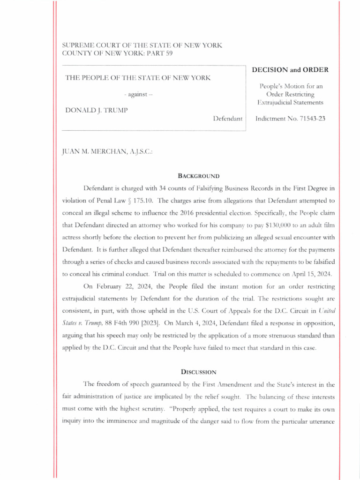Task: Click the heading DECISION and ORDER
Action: [290, 70]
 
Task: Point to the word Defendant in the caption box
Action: [227, 119]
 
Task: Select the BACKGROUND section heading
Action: [198, 176]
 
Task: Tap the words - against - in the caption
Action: [138, 95]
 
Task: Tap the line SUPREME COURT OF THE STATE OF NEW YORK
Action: [142, 45]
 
